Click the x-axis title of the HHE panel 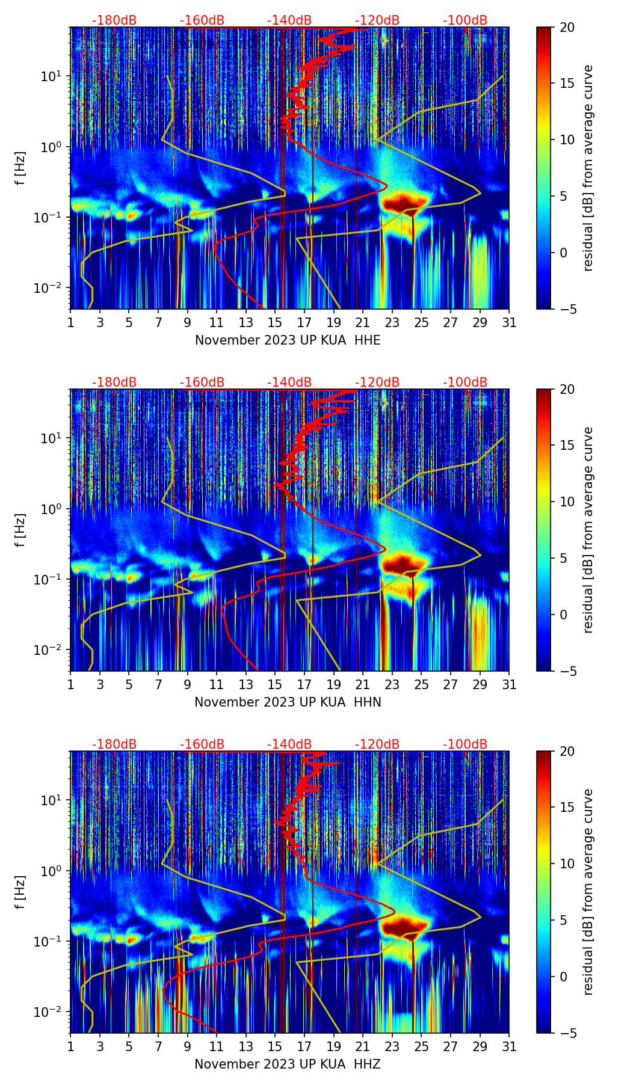(288, 340)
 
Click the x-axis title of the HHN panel (288, 702)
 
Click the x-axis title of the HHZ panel (288, 1064)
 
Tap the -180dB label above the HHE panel (114, 20)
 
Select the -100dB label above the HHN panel (465, 382)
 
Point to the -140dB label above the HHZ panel (289, 744)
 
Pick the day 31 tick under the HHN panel (509, 684)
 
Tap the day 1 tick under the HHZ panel (71, 1046)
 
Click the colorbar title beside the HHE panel (588, 168)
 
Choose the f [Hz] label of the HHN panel (22, 530)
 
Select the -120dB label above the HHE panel (377, 20)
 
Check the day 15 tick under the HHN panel (275, 684)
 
